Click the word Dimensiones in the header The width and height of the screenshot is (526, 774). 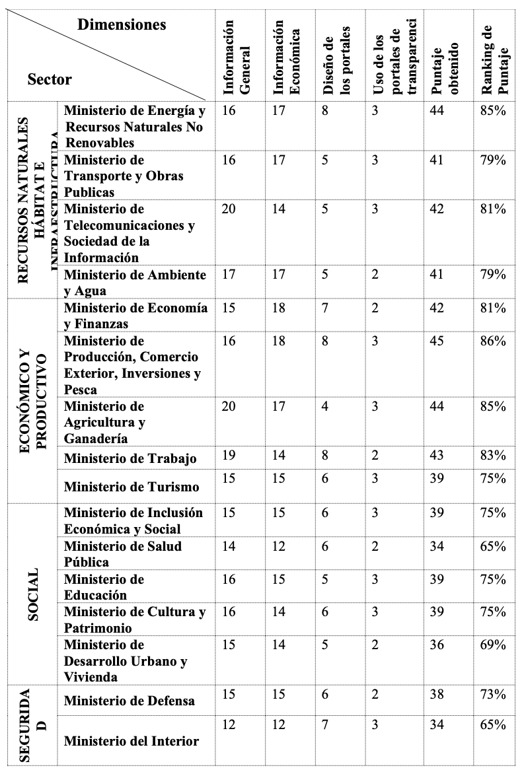pos(122,26)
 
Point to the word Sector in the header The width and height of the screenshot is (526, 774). pos(50,80)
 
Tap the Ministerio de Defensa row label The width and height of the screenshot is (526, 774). pos(130,701)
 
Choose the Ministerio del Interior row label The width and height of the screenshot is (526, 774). pos(131,741)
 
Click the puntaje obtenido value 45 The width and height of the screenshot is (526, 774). pos(437,341)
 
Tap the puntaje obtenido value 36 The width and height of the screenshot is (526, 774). pos(437,645)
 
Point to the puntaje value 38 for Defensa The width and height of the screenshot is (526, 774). pos(437,694)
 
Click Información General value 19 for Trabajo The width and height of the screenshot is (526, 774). pos(229,456)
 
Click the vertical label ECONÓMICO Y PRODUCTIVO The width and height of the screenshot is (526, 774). pos(34,400)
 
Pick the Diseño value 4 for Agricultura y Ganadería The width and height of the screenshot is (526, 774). pos(325,406)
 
